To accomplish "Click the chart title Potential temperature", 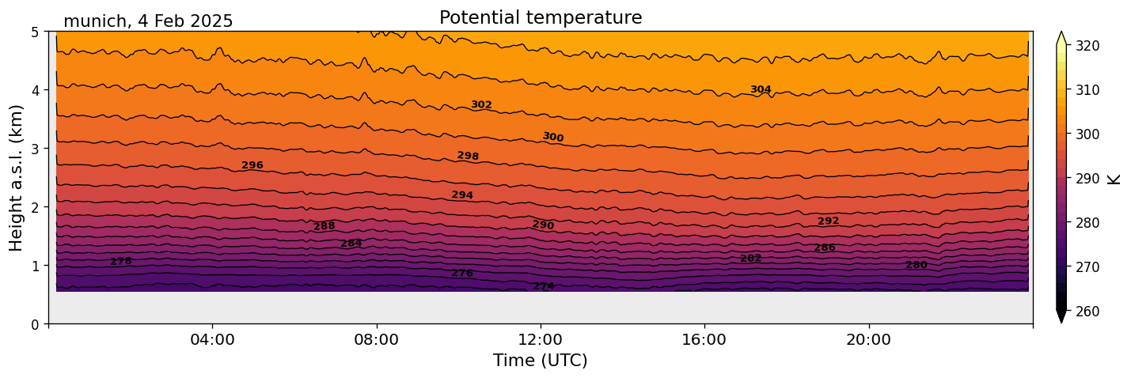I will click(x=541, y=17).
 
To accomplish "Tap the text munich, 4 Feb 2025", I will click(x=148, y=21).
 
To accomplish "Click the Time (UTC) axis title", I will click(x=541, y=361).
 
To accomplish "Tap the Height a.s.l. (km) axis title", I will click(x=17, y=177).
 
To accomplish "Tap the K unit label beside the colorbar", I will click(x=1114, y=179).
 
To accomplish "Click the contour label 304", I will click(x=761, y=89).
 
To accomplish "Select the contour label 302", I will click(x=481, y=104).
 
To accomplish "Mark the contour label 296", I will click(x=252, y=165).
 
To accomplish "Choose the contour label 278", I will click(x=121, y=261).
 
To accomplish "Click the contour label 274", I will click(x=544, y=286).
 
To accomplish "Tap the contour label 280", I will click(x=916, y=265).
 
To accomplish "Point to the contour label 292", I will click(x=828, y=221).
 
